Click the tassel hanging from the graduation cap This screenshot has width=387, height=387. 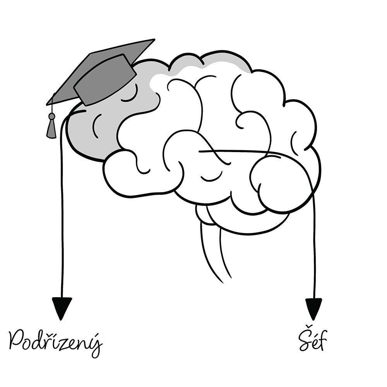coord(51,128)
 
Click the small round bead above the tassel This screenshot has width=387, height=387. coord(51,116)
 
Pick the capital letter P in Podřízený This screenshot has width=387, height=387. coord(16,341)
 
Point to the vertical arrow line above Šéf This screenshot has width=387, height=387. coord(314,244)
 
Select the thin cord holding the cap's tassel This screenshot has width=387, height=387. coord(52,104)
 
